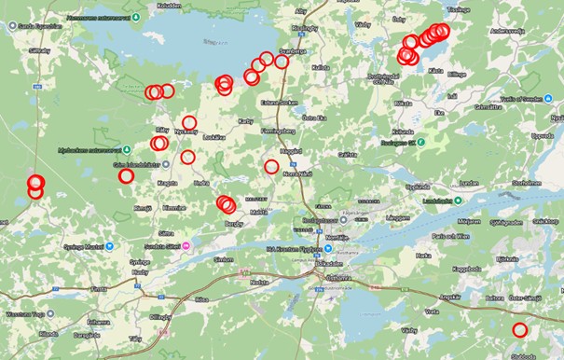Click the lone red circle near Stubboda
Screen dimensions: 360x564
pos(520,329)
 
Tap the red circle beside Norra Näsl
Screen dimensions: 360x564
pos(271,167)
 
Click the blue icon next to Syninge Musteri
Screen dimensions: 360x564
pos(109,246)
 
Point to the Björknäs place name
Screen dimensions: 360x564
pos(506,257)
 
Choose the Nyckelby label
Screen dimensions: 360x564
pos(187,132)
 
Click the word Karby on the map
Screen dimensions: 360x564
pos(245,121)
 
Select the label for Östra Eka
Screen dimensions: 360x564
pos(314,118)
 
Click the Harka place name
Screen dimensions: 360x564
pos(423,255)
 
